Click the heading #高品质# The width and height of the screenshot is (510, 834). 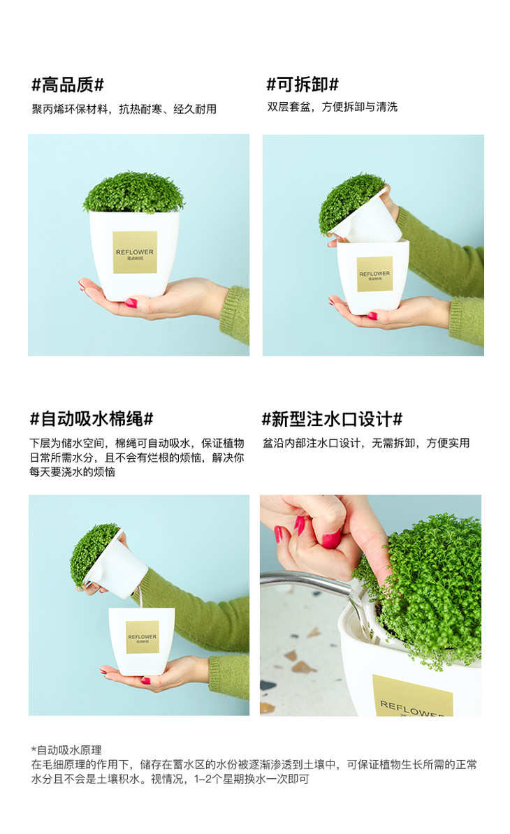(x=68, y=85)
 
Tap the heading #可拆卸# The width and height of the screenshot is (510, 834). (x=302, y=84)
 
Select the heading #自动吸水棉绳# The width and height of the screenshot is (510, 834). (x=92, y=419)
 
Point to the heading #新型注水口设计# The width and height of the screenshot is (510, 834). (x=332, y=419)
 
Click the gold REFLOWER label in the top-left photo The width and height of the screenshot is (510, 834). (x=135, y=252)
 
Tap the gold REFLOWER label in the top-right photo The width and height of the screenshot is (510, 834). (x=374, y=274)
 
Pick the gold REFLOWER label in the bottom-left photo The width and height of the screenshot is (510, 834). (x=142, y=637)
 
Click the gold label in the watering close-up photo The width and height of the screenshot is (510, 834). (x=411, y=697)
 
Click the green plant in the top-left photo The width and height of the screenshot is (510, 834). (x=133, y=193)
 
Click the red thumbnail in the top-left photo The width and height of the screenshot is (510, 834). (x=131, y=303)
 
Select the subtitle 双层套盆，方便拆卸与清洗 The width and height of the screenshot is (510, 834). (x=333, y=107)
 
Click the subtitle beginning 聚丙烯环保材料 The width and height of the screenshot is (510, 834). (x=124, y=109)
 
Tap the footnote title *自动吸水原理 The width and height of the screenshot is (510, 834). (x=66, y=750)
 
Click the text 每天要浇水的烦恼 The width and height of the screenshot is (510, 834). (x=73, y=471)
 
